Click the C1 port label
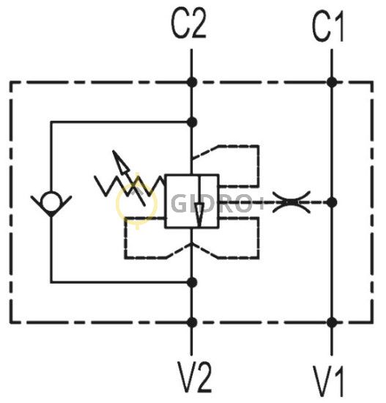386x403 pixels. pyautogui.click(x=328, y=27)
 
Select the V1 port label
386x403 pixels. pyautogui.click(x=328, y=381)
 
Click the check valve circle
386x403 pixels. pyautogui.click(x=51, y=202)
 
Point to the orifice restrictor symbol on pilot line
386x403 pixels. pyautogui.click(x=292, y=202)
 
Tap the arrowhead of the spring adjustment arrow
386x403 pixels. pyautogui.click(x=120, y=163)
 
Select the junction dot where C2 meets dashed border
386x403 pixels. pyautogui.click(x=192, y=82)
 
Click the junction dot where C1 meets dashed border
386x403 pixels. pyautogui.click(x=332, y=82)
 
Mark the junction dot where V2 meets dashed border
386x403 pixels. pyautogui.click(x=192, y=322)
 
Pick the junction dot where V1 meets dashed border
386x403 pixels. pyautogui.click(x=332, y=322)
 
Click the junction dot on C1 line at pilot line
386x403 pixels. pyautogui.click(x=332, y=202)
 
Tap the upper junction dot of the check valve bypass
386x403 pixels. pyautogui.click(x=192, y=122)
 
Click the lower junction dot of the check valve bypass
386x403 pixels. pyautogui.click(x=192, y=282)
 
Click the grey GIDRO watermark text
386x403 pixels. pyautogui.click(x=217, y=203)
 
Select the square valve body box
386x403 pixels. pyautogui.click(x=192, y=201)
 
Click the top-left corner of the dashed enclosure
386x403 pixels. pyautogui.click(x=10, y=82)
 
